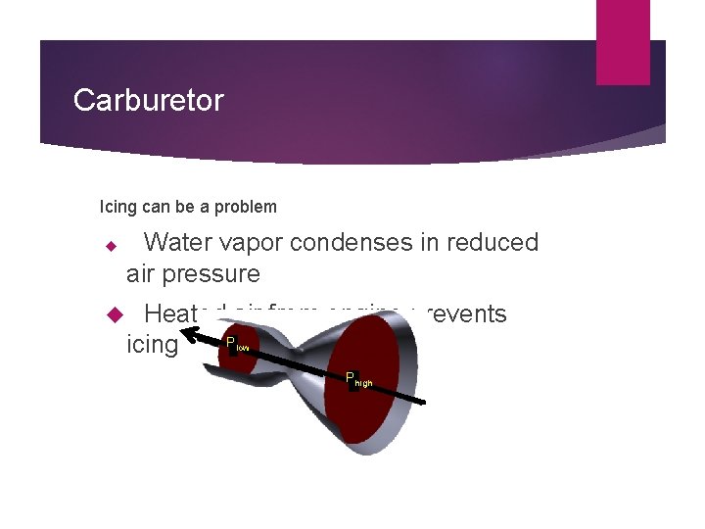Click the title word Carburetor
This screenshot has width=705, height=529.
tap(149, 100)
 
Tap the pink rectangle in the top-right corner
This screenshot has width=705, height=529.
tap(623, 41)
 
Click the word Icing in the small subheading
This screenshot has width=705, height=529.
tap(116, 207)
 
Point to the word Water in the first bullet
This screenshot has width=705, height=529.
tap(179, 242)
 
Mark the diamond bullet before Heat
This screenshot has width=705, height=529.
tap(111, 315)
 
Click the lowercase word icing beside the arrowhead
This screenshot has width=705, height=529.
tap(153, 345)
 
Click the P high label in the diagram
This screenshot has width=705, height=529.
tap(358, 379)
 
